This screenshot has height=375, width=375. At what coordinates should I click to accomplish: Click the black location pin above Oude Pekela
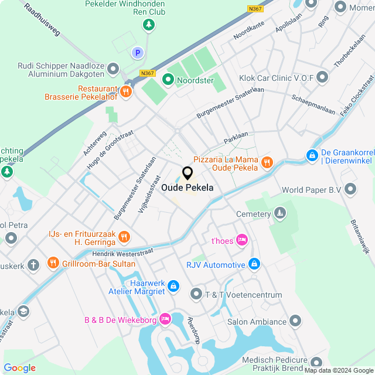coord(187,173)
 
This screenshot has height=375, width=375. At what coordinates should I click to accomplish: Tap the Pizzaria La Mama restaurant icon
coord(267,162)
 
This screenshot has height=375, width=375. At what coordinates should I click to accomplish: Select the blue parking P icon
coord(138,53)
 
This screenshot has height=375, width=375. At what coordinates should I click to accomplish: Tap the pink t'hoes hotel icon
coord(243,240)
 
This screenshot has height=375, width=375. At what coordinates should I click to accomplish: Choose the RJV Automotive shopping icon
coord(254,265)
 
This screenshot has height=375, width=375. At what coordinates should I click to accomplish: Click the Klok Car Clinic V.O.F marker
coord(322,77)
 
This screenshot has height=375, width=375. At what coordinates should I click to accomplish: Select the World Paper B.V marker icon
coord(350,189)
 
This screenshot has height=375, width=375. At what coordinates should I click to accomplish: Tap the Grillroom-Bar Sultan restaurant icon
coord(53,264)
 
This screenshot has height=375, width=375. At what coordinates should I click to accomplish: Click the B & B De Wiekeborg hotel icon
coord(166,319)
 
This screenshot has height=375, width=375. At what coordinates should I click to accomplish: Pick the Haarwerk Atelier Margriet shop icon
coord(173,285)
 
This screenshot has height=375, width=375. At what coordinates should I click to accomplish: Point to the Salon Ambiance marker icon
coord(295,321)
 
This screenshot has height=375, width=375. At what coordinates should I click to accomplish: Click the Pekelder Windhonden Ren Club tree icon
coord(149,25)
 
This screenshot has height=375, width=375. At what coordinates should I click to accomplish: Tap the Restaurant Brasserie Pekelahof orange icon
coord(125,91)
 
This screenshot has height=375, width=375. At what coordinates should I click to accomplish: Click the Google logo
coord(19,368)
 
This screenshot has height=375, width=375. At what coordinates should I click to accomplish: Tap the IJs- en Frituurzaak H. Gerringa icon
coord(123,237)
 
